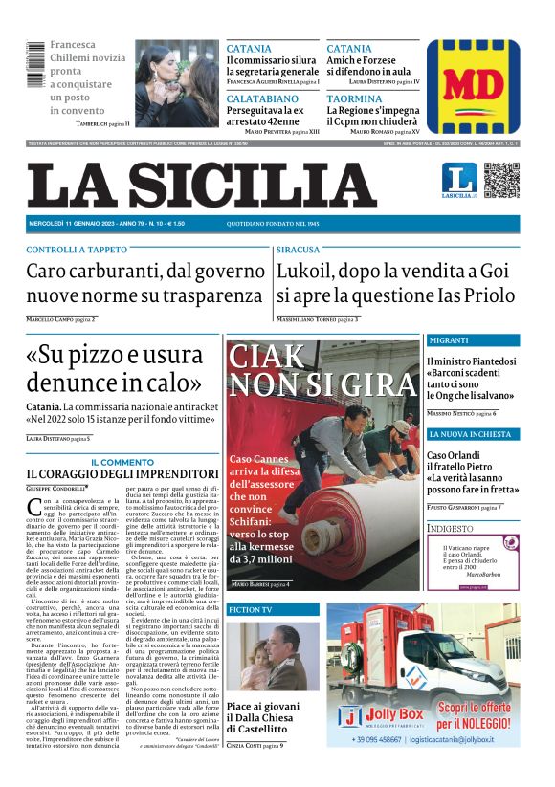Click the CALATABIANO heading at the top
[x=263, y=98]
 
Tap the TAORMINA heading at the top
[x=353, y=98]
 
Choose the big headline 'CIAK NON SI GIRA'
[x=323, y=370]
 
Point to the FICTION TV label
[x=251, y=609]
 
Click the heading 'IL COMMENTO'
[x=122, y=462]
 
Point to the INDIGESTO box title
[x=451, y=527]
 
